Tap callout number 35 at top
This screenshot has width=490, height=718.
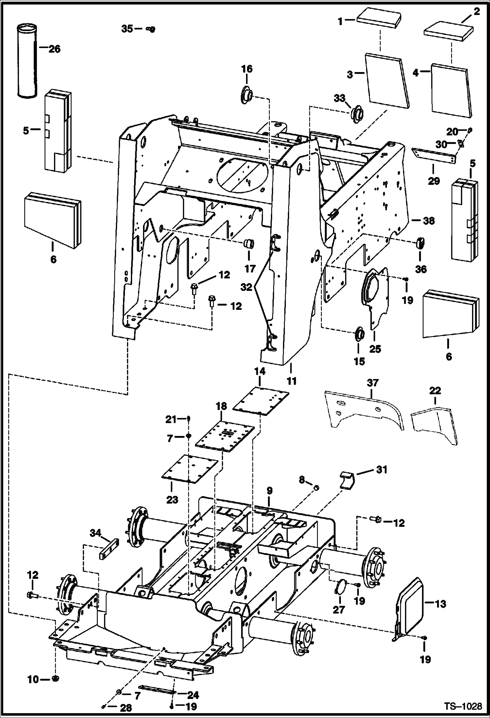tap(127, 29)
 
